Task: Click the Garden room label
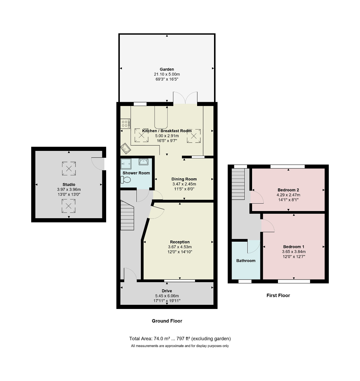[167, 69]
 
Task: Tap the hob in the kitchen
[125, 124]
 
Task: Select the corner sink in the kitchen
[125, 149]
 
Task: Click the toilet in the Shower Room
[126, 180]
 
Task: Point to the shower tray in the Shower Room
[126, 164]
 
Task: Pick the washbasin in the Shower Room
[143, 162]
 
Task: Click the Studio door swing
[98, 164]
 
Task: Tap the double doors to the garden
[185, 98]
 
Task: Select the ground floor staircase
[127, 215]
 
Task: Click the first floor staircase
[238, 184]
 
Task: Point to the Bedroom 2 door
[257, 197]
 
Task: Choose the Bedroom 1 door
[268, 225]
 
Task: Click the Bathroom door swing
[254, 246]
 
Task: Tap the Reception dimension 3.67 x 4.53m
[180, 247]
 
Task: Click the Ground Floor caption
[167, 321]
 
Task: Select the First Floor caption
[278, 295]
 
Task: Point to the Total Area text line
[180, 338]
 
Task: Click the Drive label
[167, 291]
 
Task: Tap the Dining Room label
[184, 179]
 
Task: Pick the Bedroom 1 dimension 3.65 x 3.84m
[294, 252]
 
